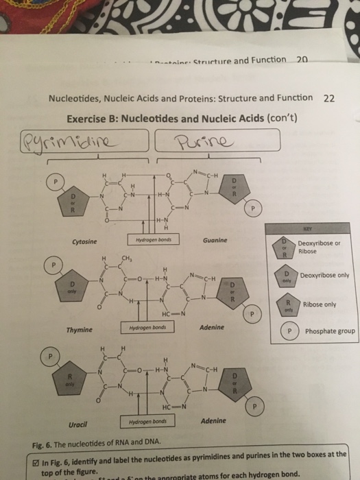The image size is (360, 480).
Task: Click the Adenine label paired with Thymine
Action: tap(212, 328)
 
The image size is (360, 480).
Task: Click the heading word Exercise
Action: tap(90, 117)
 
